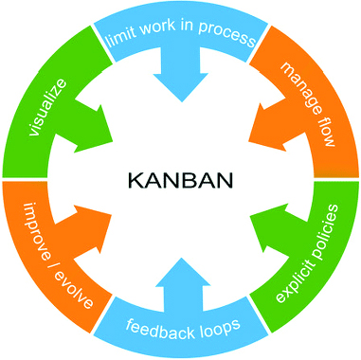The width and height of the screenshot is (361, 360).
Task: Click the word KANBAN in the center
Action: coord(179,179)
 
